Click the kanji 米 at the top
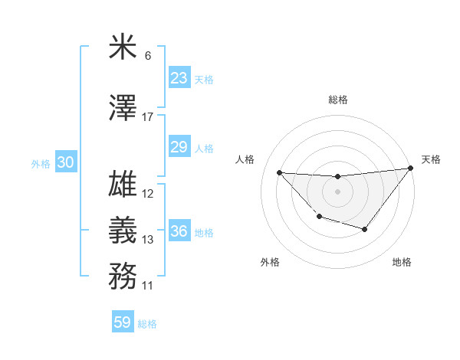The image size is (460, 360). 123,47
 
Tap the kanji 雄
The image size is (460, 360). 123,185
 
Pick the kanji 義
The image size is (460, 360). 123,231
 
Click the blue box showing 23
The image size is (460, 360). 179,78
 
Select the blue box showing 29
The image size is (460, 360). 179,147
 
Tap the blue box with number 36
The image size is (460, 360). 179,231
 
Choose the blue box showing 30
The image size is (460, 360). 65,162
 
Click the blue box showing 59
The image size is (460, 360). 123,322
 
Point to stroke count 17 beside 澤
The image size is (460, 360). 148,116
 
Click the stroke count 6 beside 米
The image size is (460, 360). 148,55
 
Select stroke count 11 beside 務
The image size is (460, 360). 148,286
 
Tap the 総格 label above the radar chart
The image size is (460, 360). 337,100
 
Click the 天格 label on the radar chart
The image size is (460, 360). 431,159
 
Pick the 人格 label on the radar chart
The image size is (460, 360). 245,159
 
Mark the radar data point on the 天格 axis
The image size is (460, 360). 411,168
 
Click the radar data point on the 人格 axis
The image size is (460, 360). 279,172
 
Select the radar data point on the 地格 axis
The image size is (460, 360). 365,229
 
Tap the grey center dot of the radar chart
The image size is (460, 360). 337,191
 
